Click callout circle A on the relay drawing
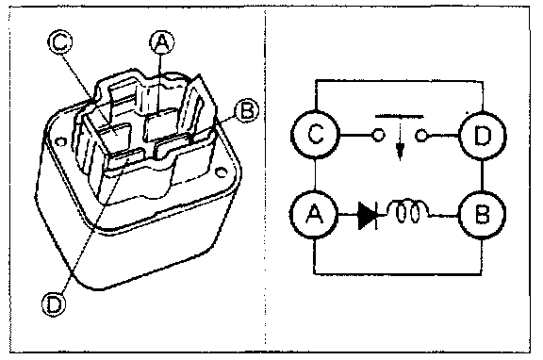click(162, 42)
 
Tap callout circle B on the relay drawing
click(246, 111)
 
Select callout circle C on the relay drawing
click(60, 42)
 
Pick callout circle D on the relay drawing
click(54, 304)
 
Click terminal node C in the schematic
click(315, 135)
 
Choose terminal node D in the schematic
click(482, 136)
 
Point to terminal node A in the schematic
click(314, 215)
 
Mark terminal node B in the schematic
click(482, 215)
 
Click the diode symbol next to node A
click(368, 216)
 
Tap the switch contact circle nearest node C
click(378, 135)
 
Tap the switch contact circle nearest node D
click(420, 135)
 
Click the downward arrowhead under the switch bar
click(400, 152)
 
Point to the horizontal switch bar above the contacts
click(400, 116)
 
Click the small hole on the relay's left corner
click(61, 142)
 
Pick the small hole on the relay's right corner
click(221, 172)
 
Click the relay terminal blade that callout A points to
click(160, 124)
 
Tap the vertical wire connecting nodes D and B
click(482, 175)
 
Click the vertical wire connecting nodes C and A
click(315, 174)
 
